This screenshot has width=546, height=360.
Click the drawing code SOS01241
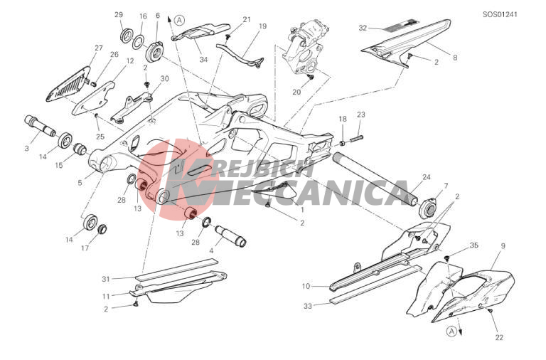tap(500, 14)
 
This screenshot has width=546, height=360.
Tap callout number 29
tap(119, 15)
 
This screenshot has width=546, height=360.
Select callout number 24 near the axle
tap(427, 176)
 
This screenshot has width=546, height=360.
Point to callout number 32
tap(363, 28)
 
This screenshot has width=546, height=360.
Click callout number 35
tap(474, 245)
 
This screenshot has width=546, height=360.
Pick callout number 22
tap(499, 337)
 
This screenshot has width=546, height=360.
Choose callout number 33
tap(308, 307)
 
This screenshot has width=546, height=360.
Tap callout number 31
tap(106, 279)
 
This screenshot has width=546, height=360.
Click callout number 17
tap(85, 248)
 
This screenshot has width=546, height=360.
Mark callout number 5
tap(80, 183)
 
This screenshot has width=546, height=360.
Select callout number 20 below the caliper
tap(296, 92)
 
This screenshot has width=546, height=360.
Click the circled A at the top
tap(180, 20)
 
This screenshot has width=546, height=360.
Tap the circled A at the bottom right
tap(451, 331)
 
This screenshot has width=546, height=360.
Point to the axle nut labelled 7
tap(429, 207)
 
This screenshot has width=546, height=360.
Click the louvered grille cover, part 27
tap(68, 84)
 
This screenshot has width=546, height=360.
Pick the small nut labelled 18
tap(343, 143)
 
